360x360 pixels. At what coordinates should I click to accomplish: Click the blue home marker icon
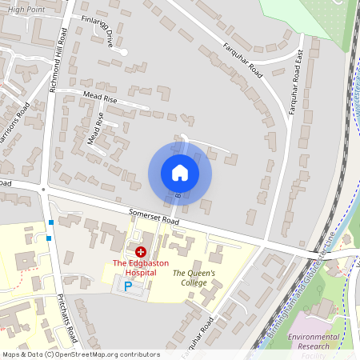click(x=180, y=172)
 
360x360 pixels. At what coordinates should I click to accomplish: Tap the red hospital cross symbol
click(x=140, y=251)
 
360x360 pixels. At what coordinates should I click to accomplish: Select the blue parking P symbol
click(x=127, y=285)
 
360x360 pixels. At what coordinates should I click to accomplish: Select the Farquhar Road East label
click(x=298, y=77)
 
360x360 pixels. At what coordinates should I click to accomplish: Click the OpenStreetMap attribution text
click(x=81, y=354)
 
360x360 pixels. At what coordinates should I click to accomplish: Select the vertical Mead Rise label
click(x=95, y=129)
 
